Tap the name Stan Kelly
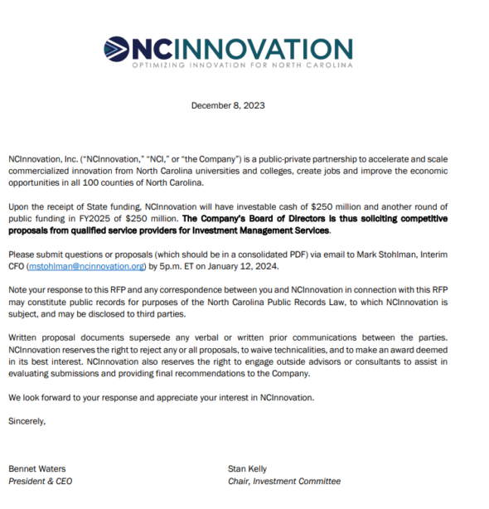click(249, 468)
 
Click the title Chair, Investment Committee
click(283, 481)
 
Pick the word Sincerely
click(27, 421)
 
